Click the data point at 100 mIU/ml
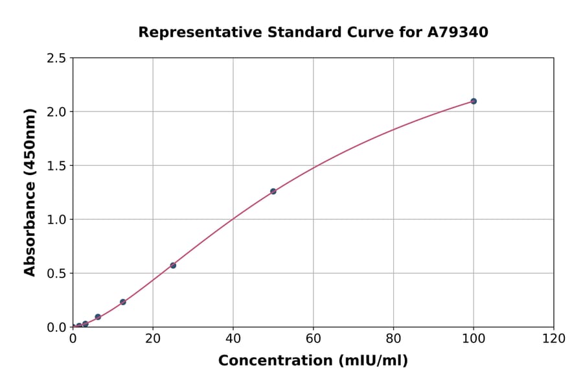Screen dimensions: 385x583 [474, 101]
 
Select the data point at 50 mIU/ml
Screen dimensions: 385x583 [273, 191]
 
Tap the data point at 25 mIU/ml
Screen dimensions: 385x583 [173, 265]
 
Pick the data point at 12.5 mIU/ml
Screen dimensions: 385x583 [123, 302]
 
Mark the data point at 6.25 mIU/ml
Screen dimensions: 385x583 [98, 317]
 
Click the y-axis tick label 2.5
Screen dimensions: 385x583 [57, 58]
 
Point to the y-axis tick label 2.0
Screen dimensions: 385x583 [57, 112]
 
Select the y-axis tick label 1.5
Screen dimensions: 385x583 [57, 166]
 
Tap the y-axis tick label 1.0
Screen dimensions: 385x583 [57, 220]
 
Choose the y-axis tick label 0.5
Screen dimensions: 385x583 [57, 274]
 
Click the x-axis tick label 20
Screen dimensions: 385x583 [153, 338]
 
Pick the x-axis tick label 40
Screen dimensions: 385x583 [233, 338]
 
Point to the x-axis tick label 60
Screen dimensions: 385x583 [314, 338]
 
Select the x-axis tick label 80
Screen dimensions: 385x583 [393, 338]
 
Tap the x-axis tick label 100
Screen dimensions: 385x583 [474, 338]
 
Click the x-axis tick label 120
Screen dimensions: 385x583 [554, 338]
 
